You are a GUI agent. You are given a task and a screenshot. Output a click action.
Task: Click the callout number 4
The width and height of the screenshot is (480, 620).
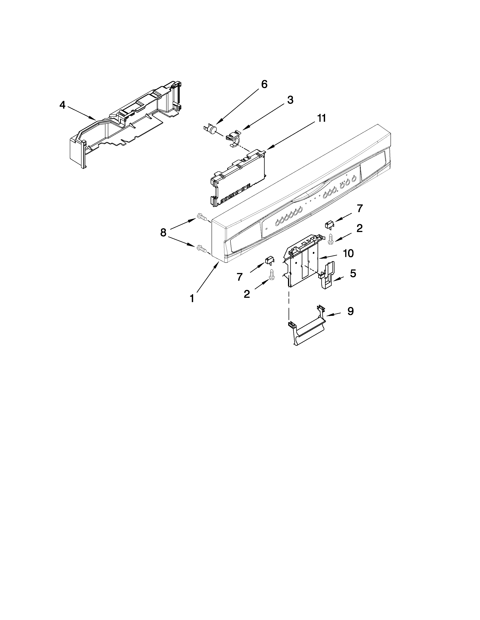pos(62,105)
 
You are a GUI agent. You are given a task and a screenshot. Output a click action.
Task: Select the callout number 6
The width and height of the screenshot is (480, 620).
pos(264,84)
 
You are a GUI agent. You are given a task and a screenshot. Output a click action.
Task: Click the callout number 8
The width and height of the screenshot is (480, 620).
pos(163,233)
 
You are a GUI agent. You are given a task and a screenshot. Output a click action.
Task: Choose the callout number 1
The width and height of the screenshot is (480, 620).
pos(192,298)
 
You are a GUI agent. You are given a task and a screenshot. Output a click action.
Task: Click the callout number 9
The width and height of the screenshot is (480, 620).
pos(350,312)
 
